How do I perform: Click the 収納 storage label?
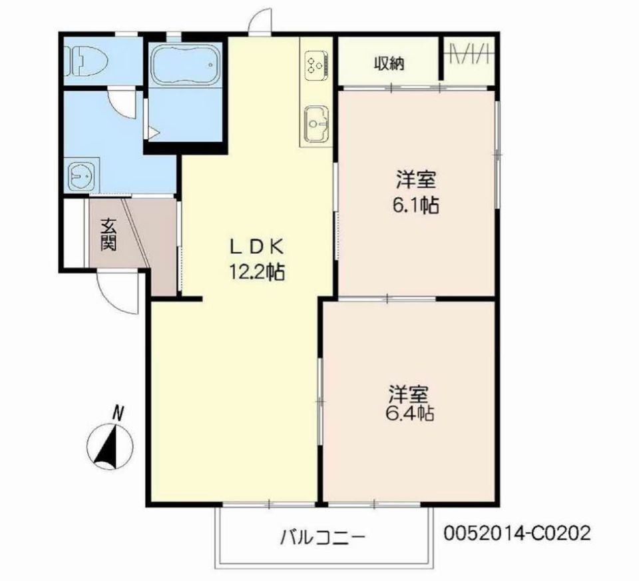389,64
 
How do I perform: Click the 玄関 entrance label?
108,235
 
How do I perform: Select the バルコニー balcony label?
323,536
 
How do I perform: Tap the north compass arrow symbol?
112,445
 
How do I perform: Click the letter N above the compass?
118,413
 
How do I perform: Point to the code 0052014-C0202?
517,534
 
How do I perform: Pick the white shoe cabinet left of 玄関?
75,233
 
